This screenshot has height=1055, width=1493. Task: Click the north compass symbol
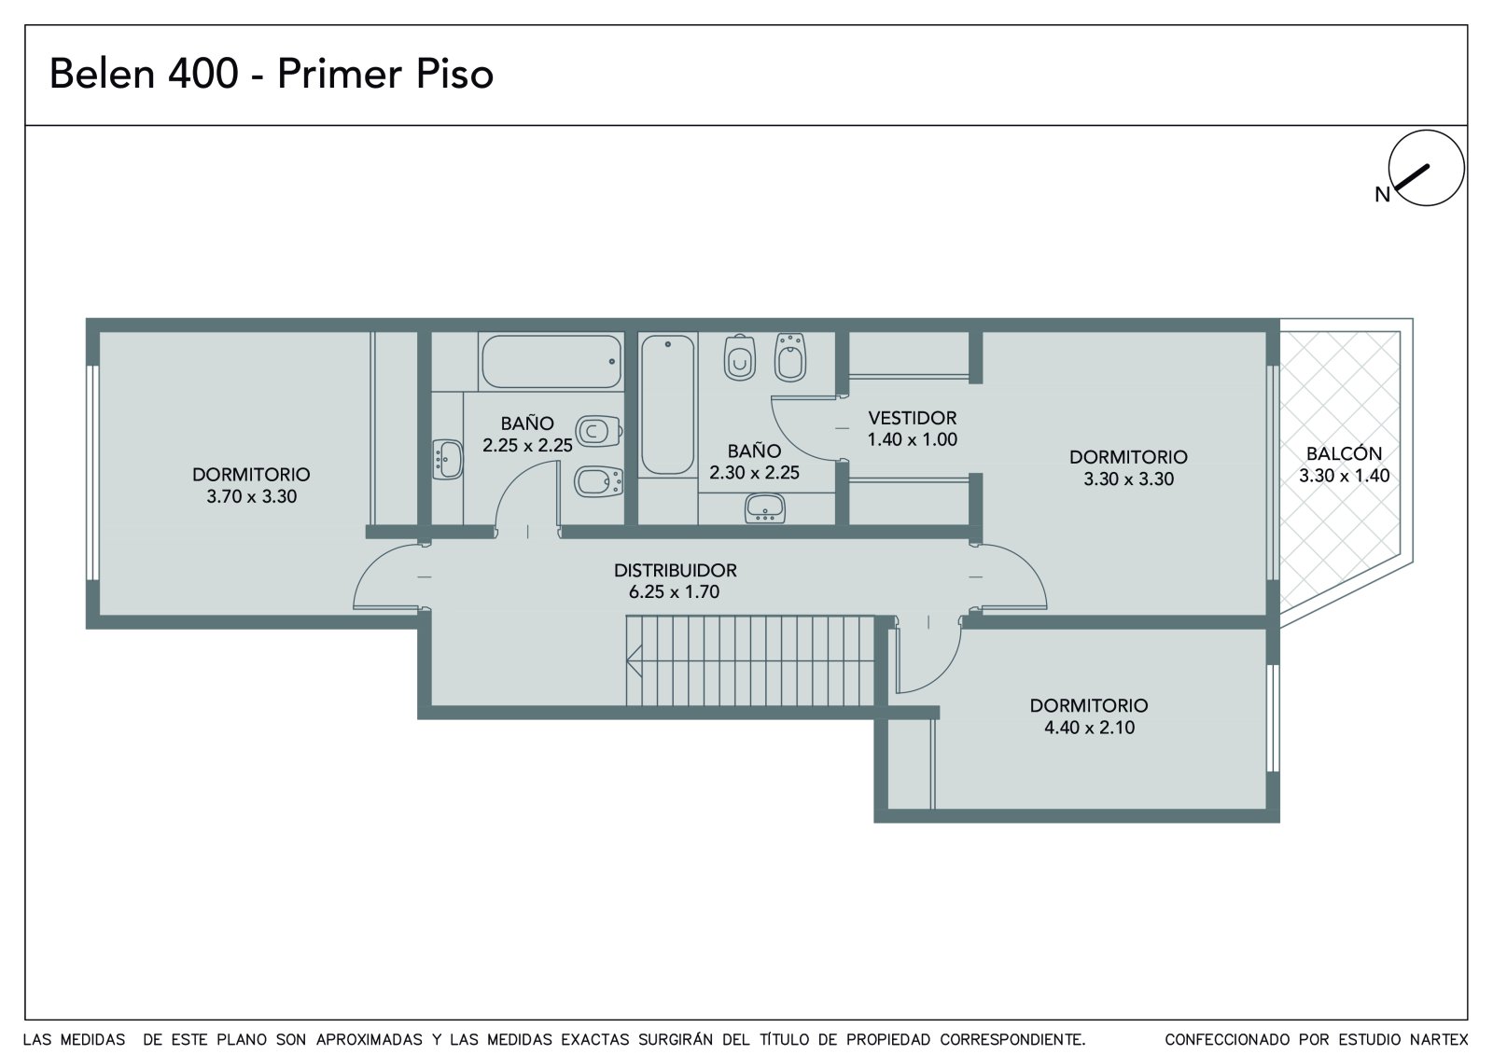coord(1426,167)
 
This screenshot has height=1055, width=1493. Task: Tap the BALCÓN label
coord(1344,454)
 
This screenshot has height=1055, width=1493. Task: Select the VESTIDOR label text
coord(912,418)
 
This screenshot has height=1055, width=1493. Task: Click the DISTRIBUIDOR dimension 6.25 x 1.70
coord(674,591)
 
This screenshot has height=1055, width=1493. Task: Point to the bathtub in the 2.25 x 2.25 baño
coord(551,361)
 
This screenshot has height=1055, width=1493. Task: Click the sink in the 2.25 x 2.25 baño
coord(447,459)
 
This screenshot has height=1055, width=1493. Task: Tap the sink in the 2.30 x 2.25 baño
coord(764,507)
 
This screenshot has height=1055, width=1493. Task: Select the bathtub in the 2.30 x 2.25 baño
coord(668,405)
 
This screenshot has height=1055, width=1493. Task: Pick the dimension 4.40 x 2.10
coord(1089,727)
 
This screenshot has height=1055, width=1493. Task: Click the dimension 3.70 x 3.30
coord(251,496)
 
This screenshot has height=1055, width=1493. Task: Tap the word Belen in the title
coord(102,74)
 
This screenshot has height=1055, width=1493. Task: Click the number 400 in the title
coord(202,74)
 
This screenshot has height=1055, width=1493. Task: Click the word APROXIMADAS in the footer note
coord(369,1040)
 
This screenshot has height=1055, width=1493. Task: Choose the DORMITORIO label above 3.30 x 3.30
coord(1128,457)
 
